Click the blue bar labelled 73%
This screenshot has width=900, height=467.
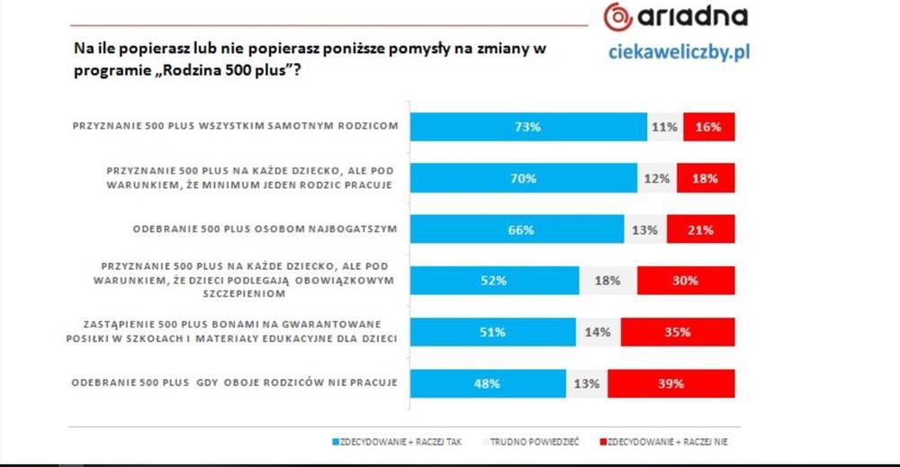point(528,127)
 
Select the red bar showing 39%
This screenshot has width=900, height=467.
point(670,383)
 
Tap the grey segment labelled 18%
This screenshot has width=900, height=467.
point(608,281)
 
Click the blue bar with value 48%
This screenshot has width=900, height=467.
point(489,383)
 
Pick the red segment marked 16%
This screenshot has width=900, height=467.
point(709,127)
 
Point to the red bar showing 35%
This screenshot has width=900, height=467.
point(678,332)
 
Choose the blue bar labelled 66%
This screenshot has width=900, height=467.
point(517,229)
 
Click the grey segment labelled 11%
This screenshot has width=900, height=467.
point(665,127)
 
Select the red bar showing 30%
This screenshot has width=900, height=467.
point(686,281)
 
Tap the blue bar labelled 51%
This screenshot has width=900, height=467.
point(493,332)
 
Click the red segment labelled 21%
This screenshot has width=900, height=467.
point(701,229)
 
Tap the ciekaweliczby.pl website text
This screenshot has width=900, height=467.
point(667,52)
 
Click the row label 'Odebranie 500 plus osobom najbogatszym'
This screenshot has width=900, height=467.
point(265,229)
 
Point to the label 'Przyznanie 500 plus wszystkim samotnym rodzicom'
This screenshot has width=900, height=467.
point(235,127)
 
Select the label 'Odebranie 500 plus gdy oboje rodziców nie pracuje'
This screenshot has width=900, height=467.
point(234,383)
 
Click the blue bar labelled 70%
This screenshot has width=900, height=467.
point(524,178)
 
